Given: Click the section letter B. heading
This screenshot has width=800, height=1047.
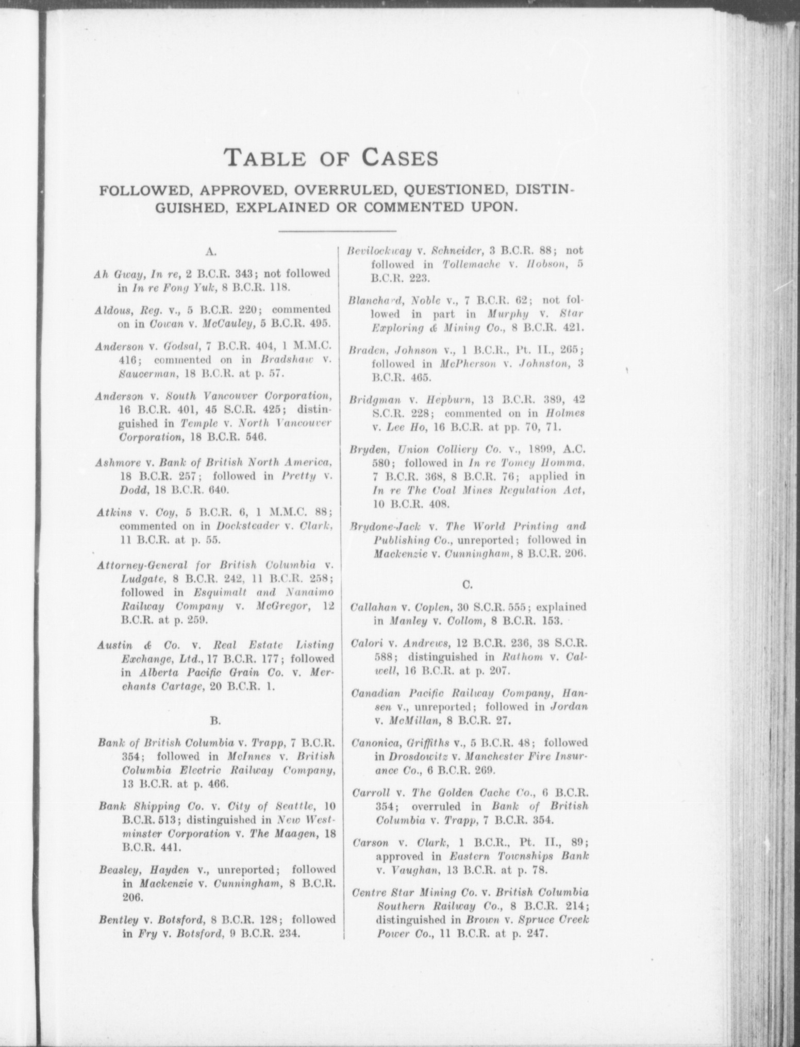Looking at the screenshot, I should coord(216,717).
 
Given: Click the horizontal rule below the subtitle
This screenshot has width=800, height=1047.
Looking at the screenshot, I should coord(337,231).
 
